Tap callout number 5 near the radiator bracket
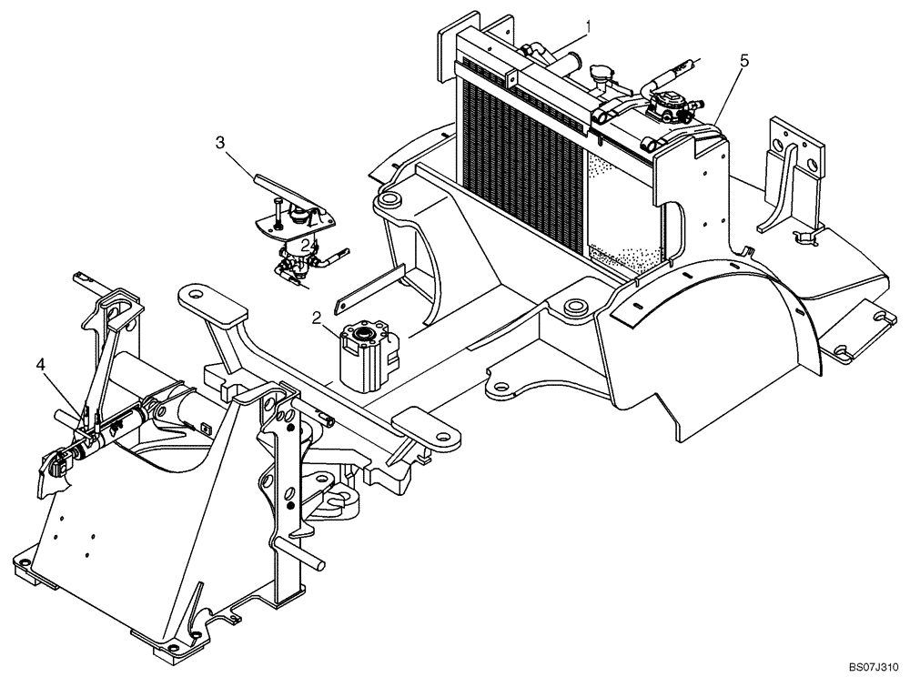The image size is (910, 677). click(743, 61)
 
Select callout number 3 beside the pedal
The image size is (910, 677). click(220, 142)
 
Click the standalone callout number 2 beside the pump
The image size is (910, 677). click(316, 318)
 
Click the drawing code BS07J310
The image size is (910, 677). click(872, 666)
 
